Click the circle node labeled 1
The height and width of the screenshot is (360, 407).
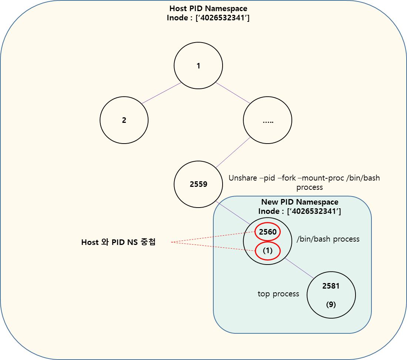pyautogui.click(x=198, y=66)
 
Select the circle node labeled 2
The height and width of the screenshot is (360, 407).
pyautogui.click(x=124, y=120)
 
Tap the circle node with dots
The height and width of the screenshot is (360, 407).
pyautogui.click(x=267, y=120)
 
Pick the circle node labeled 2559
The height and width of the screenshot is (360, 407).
pyautogui.click(x=198, y=184)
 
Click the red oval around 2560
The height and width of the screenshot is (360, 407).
pyautogui.click(x=267, y=232)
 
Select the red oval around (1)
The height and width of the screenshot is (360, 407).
pyautogui.click(x=267, y=251)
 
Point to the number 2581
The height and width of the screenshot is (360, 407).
pyautogui.click(x=331, y=286)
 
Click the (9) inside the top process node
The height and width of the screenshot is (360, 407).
pyautogui.click(x=331, y=305)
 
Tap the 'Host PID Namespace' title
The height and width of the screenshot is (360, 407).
pyautogui.click(x=208, y=8)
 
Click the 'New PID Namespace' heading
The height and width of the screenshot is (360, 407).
pyautogui.click(x=300, y=202)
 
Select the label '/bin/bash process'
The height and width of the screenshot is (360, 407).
pyautogui.click(x=328, y=239)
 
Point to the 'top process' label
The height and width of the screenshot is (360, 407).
pyautogui.click(x=278, y=294)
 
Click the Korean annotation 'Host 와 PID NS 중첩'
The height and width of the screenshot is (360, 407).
pyautogui.click(x=119, y=242)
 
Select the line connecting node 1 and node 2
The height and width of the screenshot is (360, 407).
pyautogui.click(x=161, y=93)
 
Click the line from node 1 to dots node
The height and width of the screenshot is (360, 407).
pyautogui.click(x=233, y=93)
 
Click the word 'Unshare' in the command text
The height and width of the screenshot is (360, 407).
pyautogui.click(x=243, y=178)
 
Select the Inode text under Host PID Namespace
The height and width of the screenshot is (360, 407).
pyautogui.click(x=208, y=18)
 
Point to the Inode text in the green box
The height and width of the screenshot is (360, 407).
pyautogui.click(x=300, y=211)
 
